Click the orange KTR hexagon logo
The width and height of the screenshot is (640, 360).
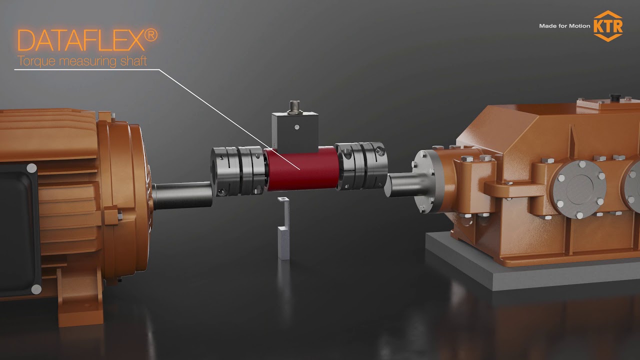click(x=607, y=25)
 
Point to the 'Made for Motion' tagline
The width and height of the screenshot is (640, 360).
click(x=564, y=26)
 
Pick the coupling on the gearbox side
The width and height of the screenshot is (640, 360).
click(x=360, y=165)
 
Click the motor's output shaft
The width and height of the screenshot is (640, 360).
click(x=182, y=195)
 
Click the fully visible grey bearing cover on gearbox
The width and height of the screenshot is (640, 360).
click(x=579, y=189)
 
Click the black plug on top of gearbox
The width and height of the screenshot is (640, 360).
click(x=615, y=96)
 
